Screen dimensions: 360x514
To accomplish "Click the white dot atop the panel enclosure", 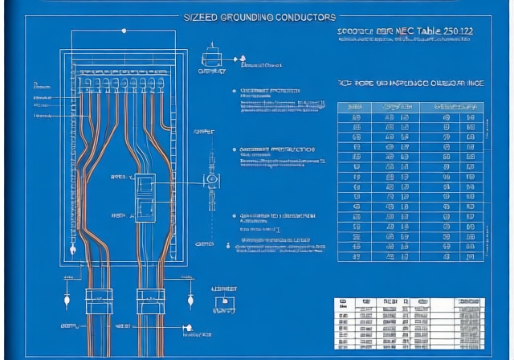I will (x=124, y=31).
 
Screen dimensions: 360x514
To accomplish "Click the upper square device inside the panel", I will (x=145, y=184).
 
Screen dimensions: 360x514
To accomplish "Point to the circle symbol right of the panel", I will (x=212, y=179).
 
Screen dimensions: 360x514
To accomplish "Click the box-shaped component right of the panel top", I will (x=210, y=58).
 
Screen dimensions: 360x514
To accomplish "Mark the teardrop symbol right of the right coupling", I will (x=190, y=301).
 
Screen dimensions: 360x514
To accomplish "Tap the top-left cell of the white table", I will (x=343, y=302).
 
